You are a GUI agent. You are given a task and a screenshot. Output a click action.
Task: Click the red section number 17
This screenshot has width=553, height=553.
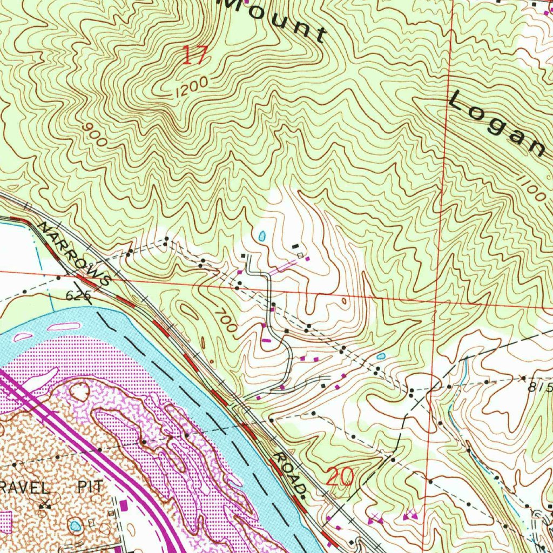(x=194, y=55)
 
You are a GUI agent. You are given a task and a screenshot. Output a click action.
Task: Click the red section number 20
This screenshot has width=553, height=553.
(x=341, y=477)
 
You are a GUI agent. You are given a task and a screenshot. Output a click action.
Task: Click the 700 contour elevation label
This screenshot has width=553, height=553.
(x=225, y=320)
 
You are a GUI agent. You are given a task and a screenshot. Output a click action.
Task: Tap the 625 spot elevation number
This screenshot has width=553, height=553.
(x=78, y=296)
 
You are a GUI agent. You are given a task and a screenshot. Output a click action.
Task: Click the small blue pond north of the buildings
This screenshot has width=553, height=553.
(x=262, y=236)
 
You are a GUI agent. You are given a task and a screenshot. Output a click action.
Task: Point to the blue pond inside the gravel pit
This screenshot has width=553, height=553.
(x=75, y=525)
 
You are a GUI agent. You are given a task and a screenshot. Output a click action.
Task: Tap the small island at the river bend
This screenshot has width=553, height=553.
(x=63, y=326)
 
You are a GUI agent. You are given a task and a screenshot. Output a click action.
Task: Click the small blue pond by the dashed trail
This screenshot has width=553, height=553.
(x=381, y=356)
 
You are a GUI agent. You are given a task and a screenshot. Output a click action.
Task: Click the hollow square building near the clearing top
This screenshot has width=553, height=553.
(x=300, y=254)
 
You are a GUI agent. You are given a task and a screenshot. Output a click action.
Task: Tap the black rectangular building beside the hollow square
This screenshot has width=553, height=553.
(x=295, y=247)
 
